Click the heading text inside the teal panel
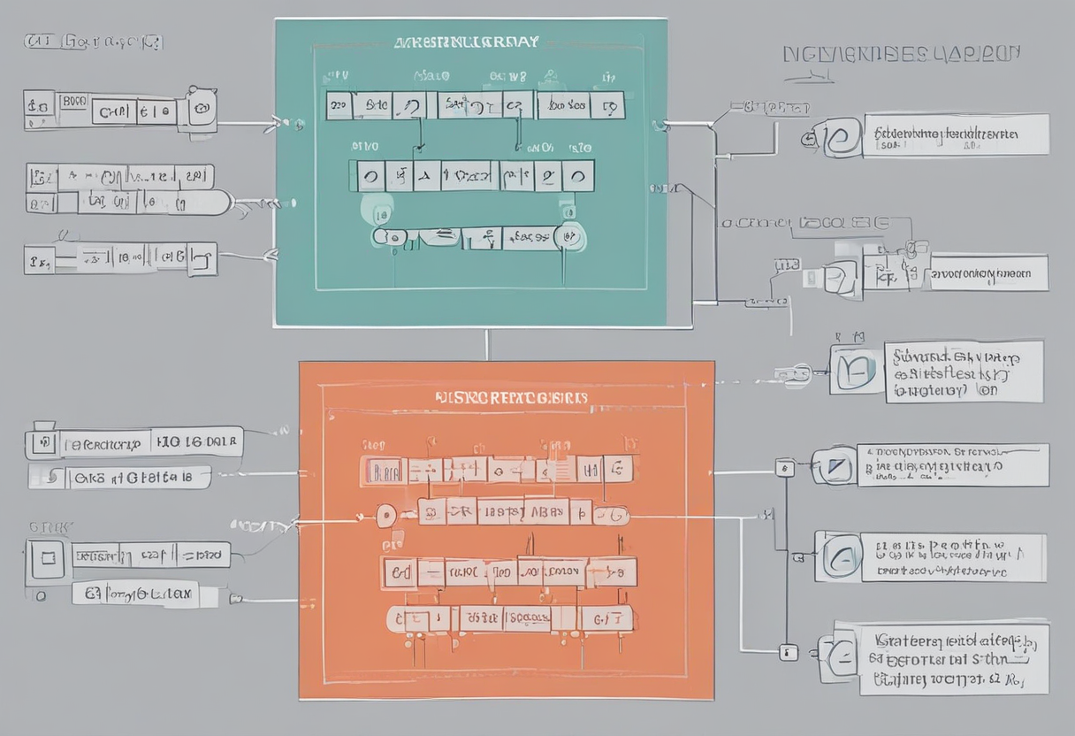click(x=466, y=42)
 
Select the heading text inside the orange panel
click(x=512, y=398)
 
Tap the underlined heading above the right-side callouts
click(x=902, y=55)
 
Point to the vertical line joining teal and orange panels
click(x=487, y=345)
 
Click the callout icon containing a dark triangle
click(x=835, y=465)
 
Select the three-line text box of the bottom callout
click(x=954, y=657)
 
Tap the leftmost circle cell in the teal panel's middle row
click(x=370, y=175)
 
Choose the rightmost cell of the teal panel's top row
click(x=610, y=106)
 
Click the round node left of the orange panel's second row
click(x=385, y=515)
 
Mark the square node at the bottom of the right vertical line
click(x=786, y=653)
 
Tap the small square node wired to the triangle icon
click(x=783, y=469)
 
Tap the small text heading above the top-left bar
click(x=95, y=42)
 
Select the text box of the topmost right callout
click(x=955, y=135)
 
